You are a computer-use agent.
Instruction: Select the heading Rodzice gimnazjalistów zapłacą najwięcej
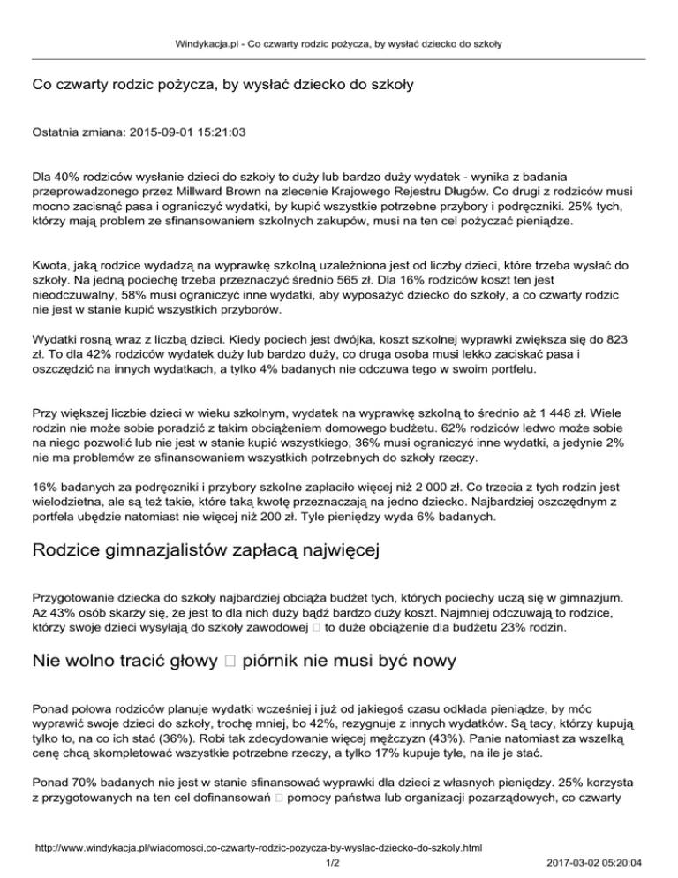tap(205, 553)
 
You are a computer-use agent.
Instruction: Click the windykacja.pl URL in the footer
tap(257, 848)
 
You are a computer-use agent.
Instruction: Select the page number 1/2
tap(333, 862)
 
